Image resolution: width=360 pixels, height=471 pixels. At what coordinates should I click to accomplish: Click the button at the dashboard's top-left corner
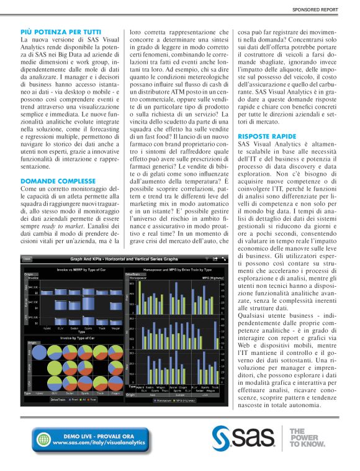click(27, 259)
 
